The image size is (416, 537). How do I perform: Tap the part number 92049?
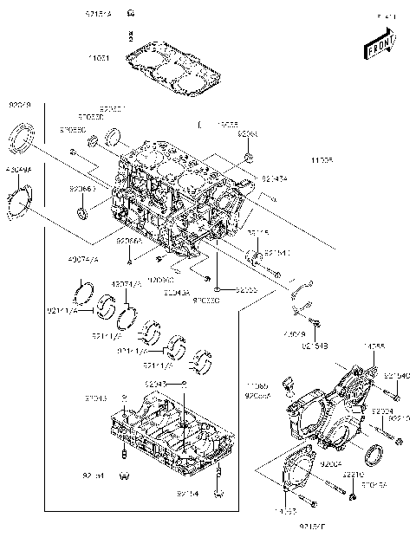point(19,104)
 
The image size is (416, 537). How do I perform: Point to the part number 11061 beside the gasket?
point(99,58)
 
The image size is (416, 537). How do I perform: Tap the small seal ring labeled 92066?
point(83,213)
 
